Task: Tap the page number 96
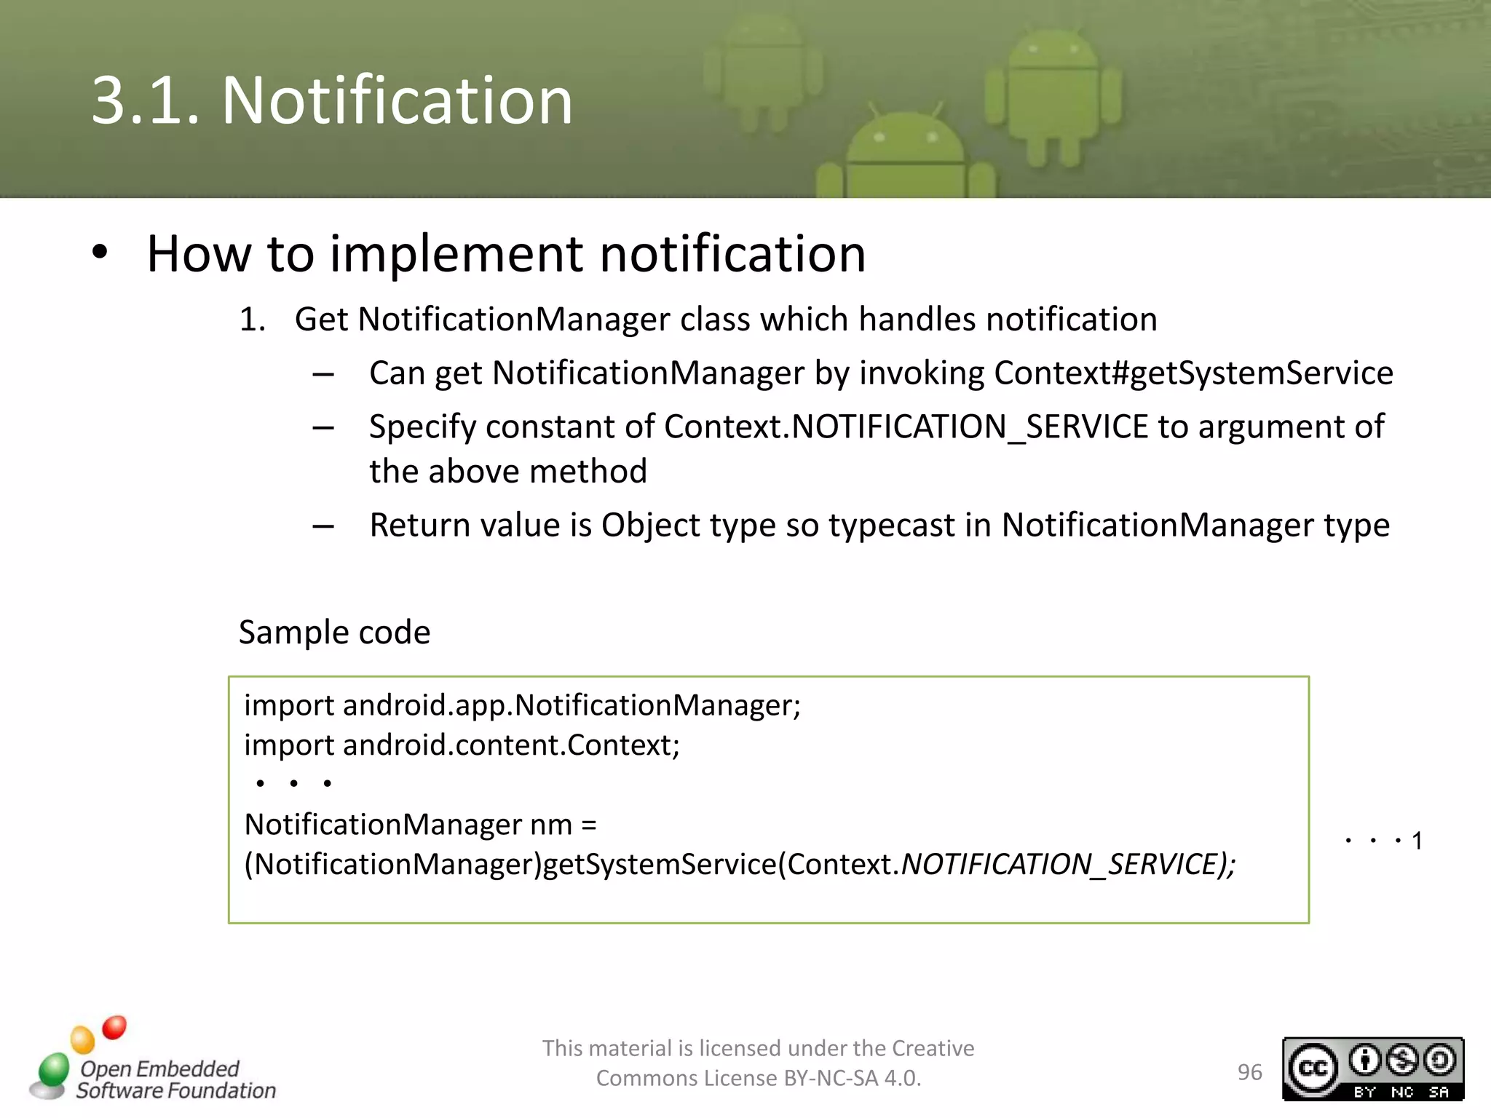(x=1249, y=1072)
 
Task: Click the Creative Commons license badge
(x=1372, y=1069)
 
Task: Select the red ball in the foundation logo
(x=114, y=1027)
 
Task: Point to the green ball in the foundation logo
(x=54, y=1069)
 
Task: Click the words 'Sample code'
(x=334, y=632)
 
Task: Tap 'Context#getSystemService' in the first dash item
(x=1193, y=373)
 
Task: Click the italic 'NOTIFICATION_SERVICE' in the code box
(x=1059, y=864)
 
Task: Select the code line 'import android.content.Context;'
(x=462, y=745)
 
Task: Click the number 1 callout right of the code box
(x=1417, y=841)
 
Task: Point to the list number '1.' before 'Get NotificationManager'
(x=252, y=320)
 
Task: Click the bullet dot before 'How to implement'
(x=100, y=253)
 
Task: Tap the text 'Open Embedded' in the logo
(x=159, y=1068)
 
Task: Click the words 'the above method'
(x=507, y=472)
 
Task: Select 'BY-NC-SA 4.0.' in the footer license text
(x=852, y=1078)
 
